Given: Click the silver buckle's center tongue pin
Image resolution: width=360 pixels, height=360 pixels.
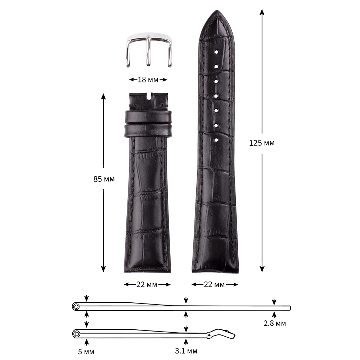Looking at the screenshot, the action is tap(149, 51).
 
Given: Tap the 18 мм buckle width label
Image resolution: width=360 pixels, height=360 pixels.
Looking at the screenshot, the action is tap(148, 80).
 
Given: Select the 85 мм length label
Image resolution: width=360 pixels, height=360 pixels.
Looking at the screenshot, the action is tap(104, 179).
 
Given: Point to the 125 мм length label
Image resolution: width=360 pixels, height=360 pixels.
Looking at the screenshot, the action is tap(262, 143).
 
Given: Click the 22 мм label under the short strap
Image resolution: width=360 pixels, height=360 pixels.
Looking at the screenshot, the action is tap(147, 284).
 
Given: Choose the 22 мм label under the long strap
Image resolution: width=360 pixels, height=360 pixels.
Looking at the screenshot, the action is tap(214, 284).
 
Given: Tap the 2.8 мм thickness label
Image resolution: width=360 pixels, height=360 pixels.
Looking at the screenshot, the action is tap(275, 323).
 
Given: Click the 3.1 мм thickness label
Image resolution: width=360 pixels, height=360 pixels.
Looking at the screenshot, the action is tap(186, 351).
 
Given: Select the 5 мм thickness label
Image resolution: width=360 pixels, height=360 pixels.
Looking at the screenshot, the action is tap(86, 351).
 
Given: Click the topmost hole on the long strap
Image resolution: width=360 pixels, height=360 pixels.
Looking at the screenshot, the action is tap(216, 52).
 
